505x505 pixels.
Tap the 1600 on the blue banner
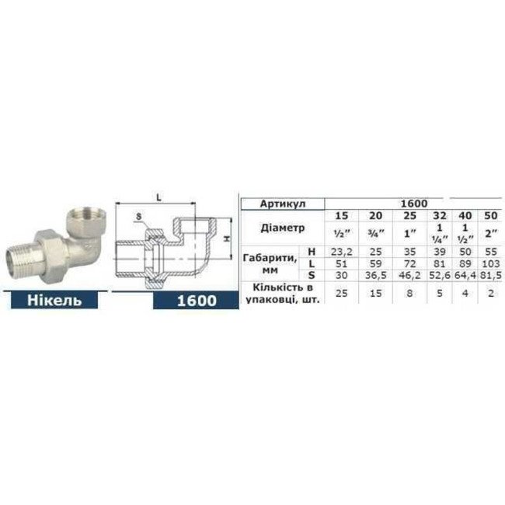point(196,300)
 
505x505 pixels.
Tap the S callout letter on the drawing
point(138,215)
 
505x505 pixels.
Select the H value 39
point(439,252)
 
